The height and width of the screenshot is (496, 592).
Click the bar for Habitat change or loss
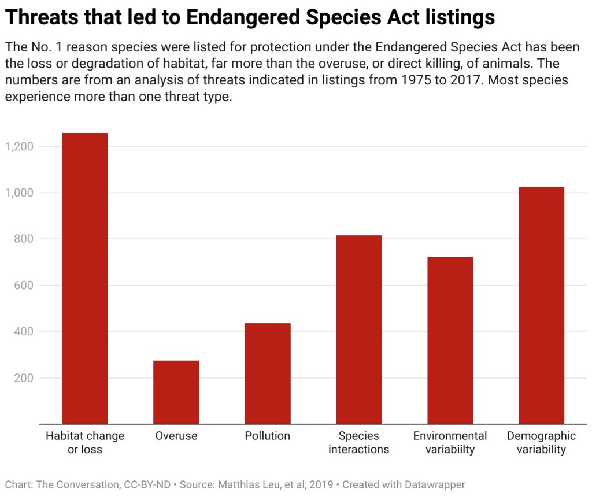pos(84,278)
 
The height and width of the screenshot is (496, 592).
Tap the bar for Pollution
pos(267,373)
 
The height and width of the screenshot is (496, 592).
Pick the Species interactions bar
pos(358,330)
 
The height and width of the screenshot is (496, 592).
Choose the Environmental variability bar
pos(450,340)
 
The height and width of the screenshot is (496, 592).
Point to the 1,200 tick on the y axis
pos(19,146)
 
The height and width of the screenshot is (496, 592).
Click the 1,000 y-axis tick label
pos(19,193)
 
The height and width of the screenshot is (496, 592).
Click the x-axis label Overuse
pos(176,436)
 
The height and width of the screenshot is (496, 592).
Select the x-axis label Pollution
pos(267,436)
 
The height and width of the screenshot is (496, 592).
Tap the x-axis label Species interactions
pos(358,442)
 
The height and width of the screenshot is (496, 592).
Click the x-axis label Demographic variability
pos(541,442)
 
